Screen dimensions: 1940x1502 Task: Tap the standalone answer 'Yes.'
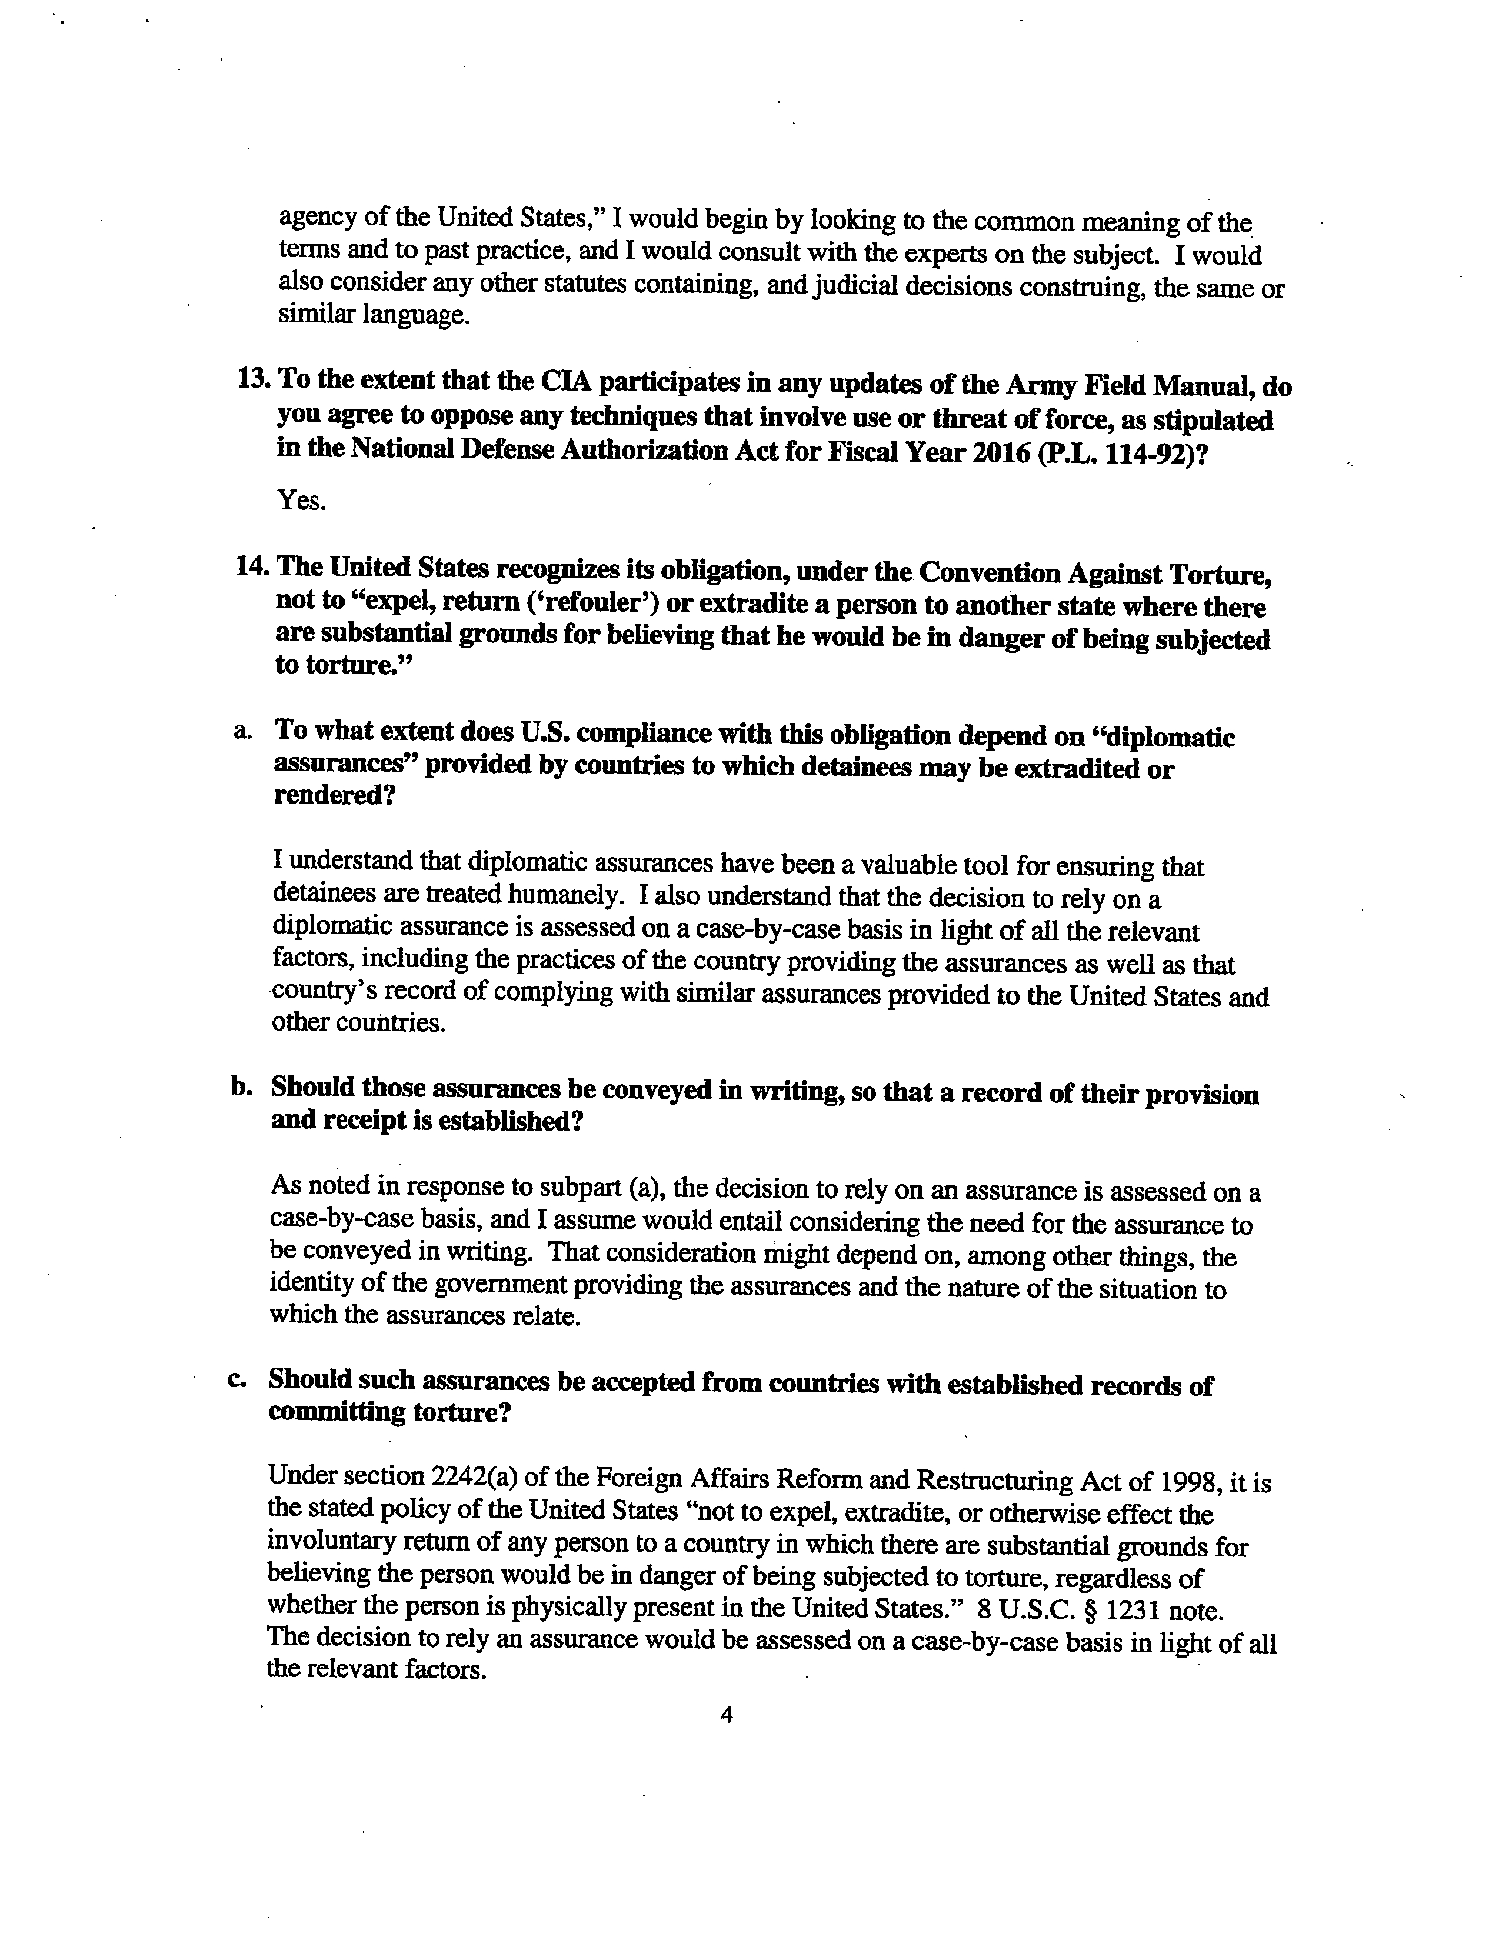pos(302,501)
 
